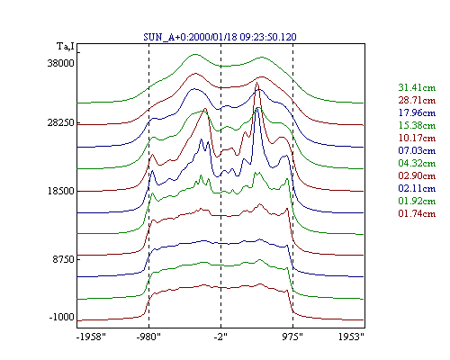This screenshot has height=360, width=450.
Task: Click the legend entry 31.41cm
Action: pyautogui.click(x=417, y=87)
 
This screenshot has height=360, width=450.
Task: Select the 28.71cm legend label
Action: pyautogui.click(x=417, y=100)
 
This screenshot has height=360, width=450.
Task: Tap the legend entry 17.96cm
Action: pyautogui.click(x=417, y=112)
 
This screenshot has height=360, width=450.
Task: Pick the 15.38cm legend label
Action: pyautogui.click(x=417, y=125)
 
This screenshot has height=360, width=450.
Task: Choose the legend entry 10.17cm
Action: pyautogui.click(x=417, y=138)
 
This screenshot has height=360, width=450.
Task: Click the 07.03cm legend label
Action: pyautogui.click(x=417, y=150)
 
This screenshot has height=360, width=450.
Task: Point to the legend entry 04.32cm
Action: pyautogui.click(x=417, y=163)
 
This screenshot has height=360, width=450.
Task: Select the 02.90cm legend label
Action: pyautogui.click(x=417, y=175)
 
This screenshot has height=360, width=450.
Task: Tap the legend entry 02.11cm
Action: pyautogui.click(x=417, y=188)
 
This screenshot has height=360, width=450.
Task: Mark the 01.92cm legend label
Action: pyautogui.click(x=417, y=201)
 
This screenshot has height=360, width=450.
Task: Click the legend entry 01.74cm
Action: pyautogui.click(x=417, y=213)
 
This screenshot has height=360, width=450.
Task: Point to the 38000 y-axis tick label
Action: pyautogui.click(x=60, y=63)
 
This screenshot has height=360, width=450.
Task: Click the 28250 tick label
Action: pyautogui.click(x=60, y=123)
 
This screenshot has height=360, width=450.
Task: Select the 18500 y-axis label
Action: pyautogui.click(x=60, y=191)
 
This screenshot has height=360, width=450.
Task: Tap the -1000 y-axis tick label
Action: pyautogui.click(x=61, y=317)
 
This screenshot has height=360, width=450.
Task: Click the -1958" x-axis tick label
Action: pyautogui.click(x=91, y=337)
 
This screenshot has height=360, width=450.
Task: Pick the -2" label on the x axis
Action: pyautogui.click(x=220, y=337)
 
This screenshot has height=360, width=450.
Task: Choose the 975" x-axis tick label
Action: pyautogui.click(x=292, y=337)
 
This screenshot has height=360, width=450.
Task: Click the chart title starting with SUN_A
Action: pyautogui.click(x=220, y=37)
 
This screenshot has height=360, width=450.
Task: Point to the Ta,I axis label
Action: pyautogui.click(x=66, y=47)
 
